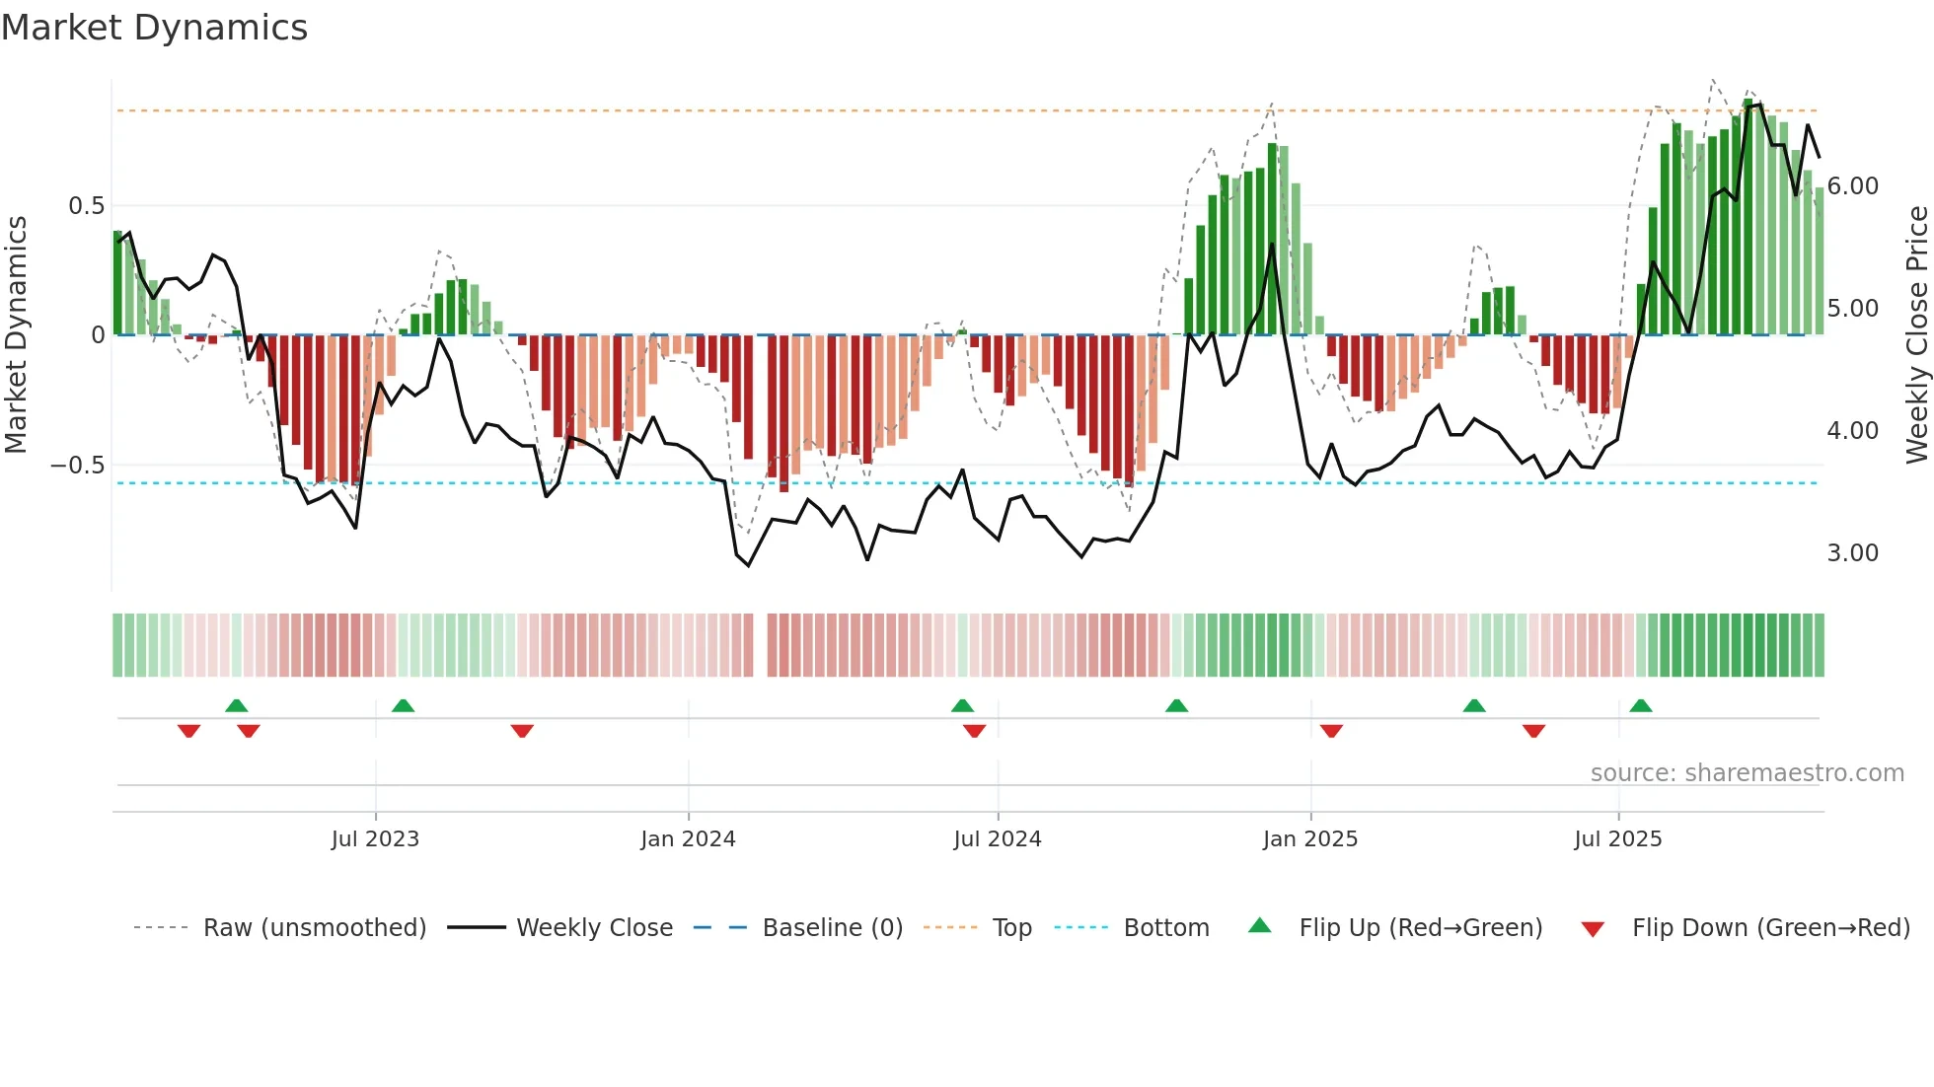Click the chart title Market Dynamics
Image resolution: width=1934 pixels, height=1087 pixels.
click(154, 28)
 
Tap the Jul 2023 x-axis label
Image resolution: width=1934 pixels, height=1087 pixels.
click(375, 839)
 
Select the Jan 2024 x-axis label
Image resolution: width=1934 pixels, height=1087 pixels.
click(688, 839)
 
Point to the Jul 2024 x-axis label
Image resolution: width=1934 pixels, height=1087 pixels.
click(997, 839)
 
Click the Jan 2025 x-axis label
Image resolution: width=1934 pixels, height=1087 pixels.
click(1309, 839)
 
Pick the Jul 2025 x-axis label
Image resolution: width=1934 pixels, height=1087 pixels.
click(1617, 839)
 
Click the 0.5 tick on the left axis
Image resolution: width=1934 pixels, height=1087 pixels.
click(86, 206)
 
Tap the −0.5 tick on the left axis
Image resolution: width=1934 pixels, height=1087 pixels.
click(78, 466)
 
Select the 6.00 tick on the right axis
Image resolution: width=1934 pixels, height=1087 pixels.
click(1852, 186)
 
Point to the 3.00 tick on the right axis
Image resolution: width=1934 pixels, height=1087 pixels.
click(1852, 553)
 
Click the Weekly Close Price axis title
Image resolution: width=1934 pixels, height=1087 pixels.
click(1916, 335)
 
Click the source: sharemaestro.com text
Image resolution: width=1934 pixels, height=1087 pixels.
click(1747, 773)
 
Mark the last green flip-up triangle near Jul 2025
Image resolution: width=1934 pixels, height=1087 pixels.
click(1641, 706)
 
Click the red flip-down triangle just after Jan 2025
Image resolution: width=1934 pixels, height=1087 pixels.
click(1331, 731)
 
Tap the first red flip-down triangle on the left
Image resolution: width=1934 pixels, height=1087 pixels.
click(188, 731)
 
